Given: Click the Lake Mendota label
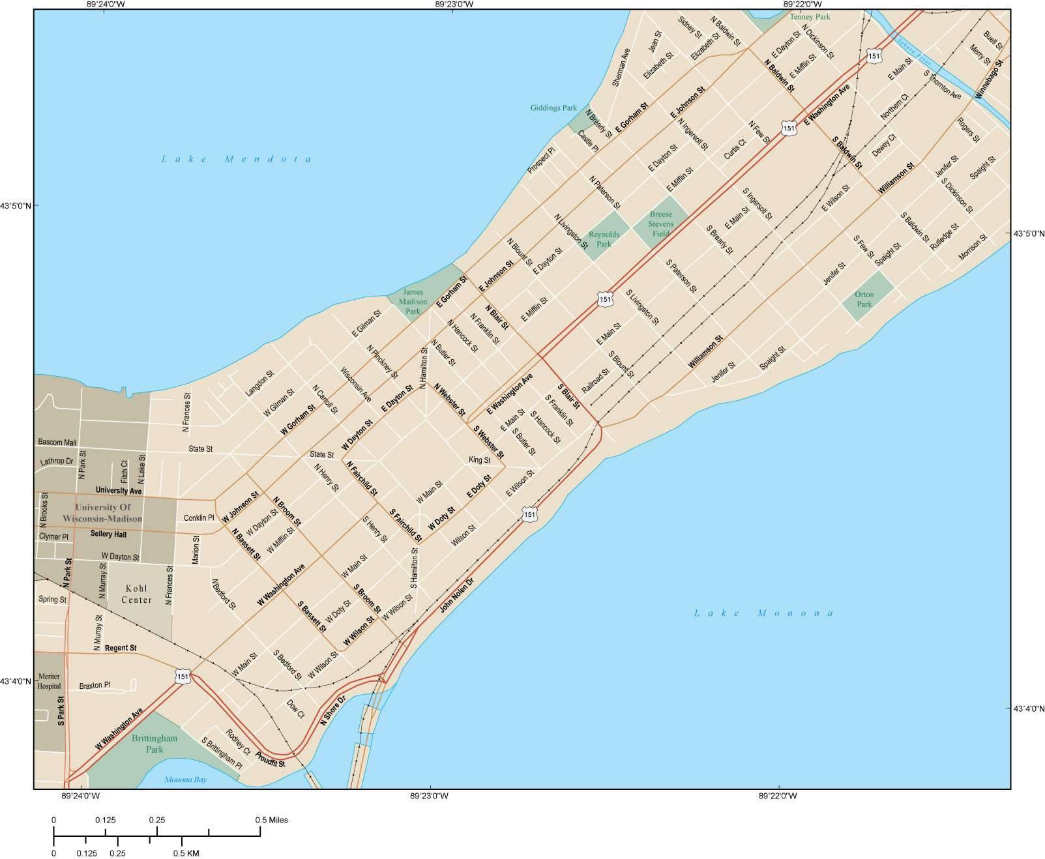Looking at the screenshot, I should tap(237, 159).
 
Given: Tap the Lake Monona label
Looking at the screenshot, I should tap(763, 613).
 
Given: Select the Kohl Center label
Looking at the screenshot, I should tap(137, 594).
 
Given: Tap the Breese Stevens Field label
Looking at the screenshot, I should tap(662, 224).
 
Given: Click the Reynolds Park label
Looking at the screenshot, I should tap(604, 239).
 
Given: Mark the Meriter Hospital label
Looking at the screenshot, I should tap(50, 681).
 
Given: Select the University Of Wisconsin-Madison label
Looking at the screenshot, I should tap(103, 513).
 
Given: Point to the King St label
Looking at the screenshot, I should tap(479, 460).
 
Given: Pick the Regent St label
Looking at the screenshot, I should tap(121, 648).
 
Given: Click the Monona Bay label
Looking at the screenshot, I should tap(185, 779).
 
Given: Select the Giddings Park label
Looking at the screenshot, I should tap(553, 108).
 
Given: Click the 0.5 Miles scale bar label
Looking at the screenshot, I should tap(271, 820).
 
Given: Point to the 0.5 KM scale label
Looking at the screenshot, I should tap(186, 853).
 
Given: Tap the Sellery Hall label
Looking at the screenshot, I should tap(108, 534).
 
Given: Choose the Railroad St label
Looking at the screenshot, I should tap(595, 381).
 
